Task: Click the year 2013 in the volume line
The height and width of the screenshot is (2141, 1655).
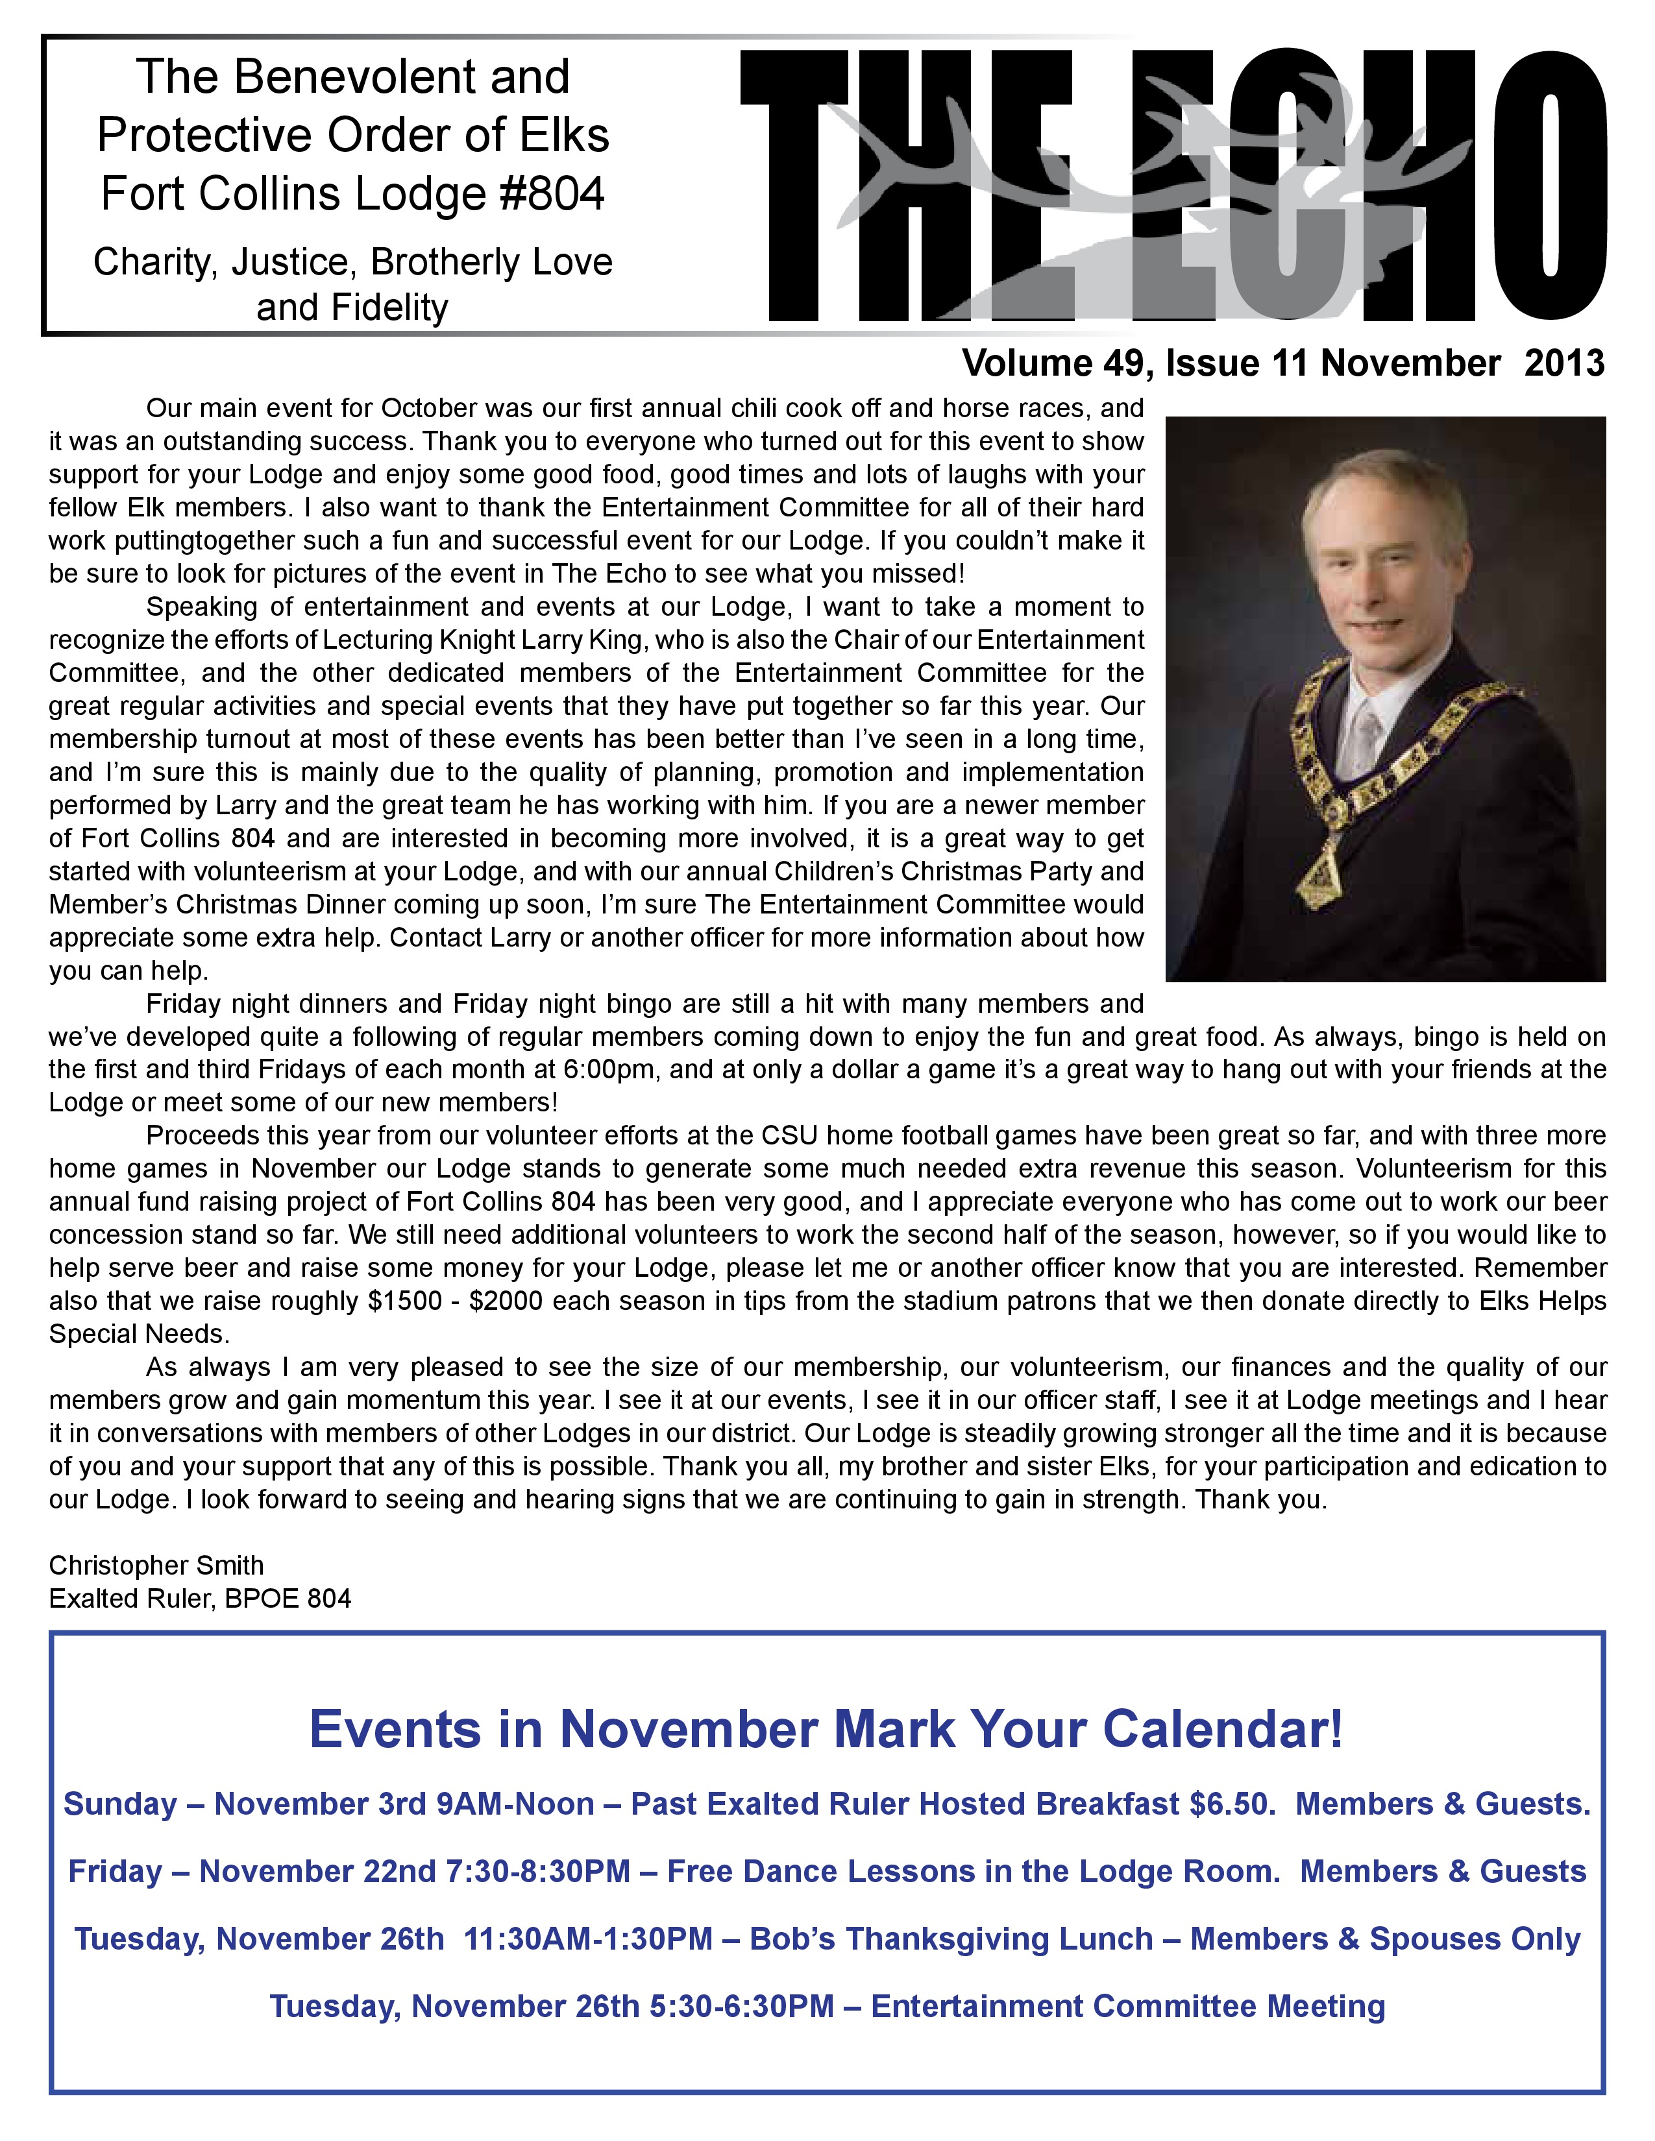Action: (1565, 364)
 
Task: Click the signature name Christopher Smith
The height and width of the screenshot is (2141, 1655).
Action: (157, 1566)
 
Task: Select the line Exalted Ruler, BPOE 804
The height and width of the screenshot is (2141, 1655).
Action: (200, 1599)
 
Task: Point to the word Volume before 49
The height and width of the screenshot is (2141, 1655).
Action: (1027, 364)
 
